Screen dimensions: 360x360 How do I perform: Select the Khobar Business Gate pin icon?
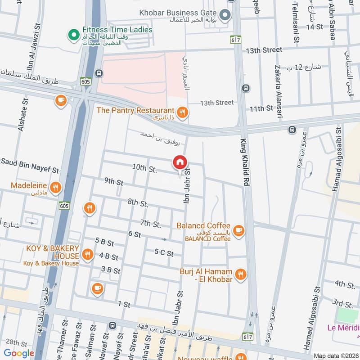227,15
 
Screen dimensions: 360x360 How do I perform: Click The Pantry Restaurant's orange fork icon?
182,112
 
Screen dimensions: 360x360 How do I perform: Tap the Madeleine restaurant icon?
55,188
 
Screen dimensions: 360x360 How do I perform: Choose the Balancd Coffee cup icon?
238,230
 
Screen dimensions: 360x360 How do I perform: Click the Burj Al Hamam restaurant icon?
241,274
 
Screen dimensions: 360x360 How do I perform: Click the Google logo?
19,353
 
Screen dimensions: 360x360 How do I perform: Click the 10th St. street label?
144,169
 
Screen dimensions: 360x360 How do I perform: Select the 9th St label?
113,182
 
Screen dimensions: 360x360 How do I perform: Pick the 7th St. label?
150,224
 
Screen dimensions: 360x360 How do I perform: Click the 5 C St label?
164,253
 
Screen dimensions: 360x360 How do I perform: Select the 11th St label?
261,108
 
